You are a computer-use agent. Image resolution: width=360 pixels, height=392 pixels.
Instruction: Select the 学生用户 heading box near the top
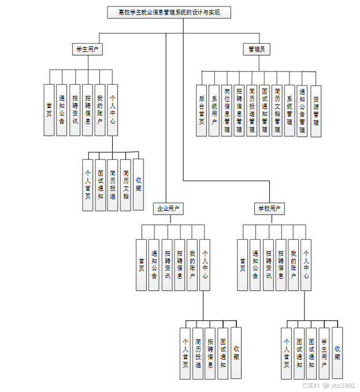click(87, 50)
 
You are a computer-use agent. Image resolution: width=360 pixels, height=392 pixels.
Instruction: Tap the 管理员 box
click(256, 50)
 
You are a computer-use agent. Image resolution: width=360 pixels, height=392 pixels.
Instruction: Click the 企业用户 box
click(168, 208)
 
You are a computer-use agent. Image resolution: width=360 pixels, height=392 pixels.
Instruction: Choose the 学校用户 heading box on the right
click(269, 208)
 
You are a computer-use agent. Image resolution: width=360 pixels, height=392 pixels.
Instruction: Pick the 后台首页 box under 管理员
click(202, 110)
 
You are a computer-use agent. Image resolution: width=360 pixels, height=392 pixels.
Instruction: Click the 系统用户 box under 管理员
click(214, 110)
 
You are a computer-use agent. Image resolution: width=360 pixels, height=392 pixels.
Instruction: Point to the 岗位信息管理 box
click(227, 110)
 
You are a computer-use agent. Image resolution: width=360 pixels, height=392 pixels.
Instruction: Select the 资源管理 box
click(316, 110)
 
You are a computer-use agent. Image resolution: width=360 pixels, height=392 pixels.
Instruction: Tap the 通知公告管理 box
click(303, 110)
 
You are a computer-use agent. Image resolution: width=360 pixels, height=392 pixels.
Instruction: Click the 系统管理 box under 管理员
click(290, 110)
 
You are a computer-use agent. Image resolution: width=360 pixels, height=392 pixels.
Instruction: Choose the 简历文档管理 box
click(277, 110)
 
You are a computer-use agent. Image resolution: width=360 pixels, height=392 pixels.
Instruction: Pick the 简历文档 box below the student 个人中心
click(125, 184)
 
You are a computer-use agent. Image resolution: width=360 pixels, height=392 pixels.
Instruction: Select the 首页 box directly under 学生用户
click(49, 110)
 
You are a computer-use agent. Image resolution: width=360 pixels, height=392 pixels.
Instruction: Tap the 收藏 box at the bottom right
click(337, 353)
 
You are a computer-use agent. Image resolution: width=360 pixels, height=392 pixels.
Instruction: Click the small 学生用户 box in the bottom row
click(325, 353)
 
